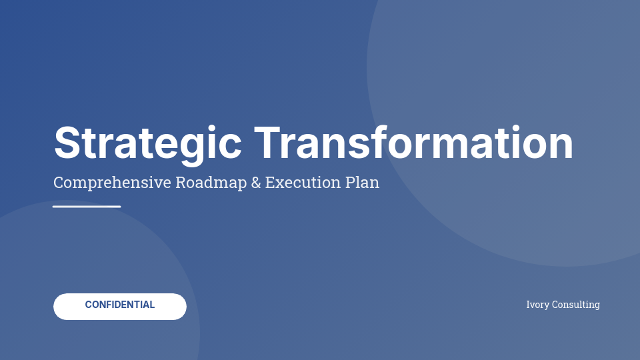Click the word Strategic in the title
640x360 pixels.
point(147,143)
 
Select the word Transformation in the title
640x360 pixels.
point(413,143)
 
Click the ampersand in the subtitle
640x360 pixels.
point(256,183)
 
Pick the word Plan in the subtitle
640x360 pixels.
point(363,183)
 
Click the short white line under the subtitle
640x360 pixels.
point(87,207)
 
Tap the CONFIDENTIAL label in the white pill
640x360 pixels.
point(120,305)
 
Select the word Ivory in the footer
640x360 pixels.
point(537,305)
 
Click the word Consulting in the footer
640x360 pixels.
point(575,305)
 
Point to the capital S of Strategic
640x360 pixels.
point(69,143)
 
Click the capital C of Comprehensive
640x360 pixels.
point(58,183)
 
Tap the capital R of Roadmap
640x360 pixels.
point(181,183)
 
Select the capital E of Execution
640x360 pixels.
point(269,183)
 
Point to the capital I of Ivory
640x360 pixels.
point(529,305)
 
